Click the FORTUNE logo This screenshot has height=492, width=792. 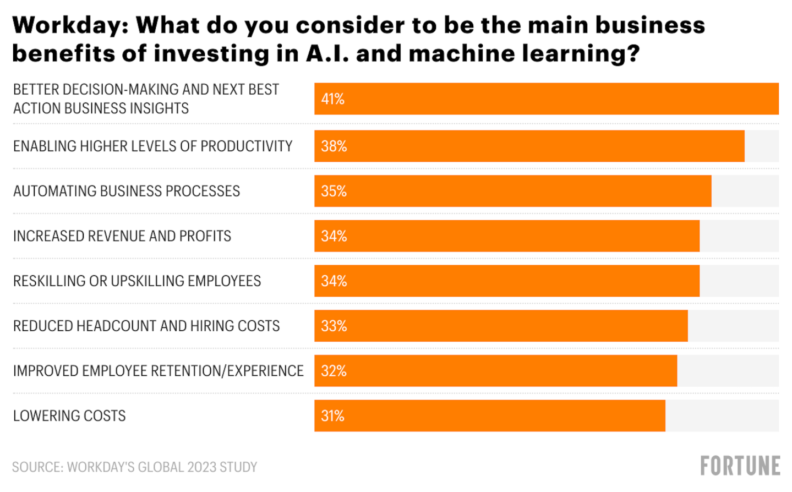[740, 466]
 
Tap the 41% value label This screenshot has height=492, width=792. [332, 99]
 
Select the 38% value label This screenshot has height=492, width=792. [334, 146]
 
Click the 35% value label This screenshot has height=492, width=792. [334, 192]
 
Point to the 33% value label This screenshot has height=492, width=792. [334, 326]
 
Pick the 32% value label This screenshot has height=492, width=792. [334, 371]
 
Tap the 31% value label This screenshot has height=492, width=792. [332, 416]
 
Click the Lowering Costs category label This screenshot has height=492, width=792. [69, 416]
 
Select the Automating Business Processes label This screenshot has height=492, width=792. [127, 192]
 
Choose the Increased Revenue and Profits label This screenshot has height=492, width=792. [122, 236]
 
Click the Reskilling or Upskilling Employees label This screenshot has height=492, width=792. [137, 281]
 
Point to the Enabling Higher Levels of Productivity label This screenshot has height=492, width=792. [152, 146]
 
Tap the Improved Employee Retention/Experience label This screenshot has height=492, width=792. [158, 371]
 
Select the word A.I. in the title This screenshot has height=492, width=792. [327, 53]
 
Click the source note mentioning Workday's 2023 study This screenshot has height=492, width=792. [134, 467]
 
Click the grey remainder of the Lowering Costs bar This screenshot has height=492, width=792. [722, 416]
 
